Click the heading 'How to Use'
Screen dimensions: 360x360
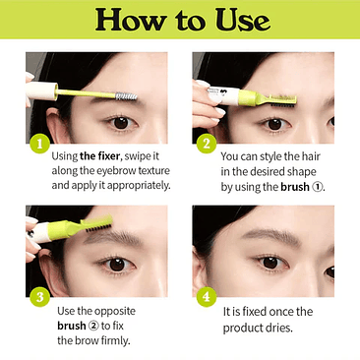click(x=180, y=21)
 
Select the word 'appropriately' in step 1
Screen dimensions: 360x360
click(x=131, y=185)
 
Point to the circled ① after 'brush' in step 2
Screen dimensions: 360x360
click(x=318, y=186)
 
